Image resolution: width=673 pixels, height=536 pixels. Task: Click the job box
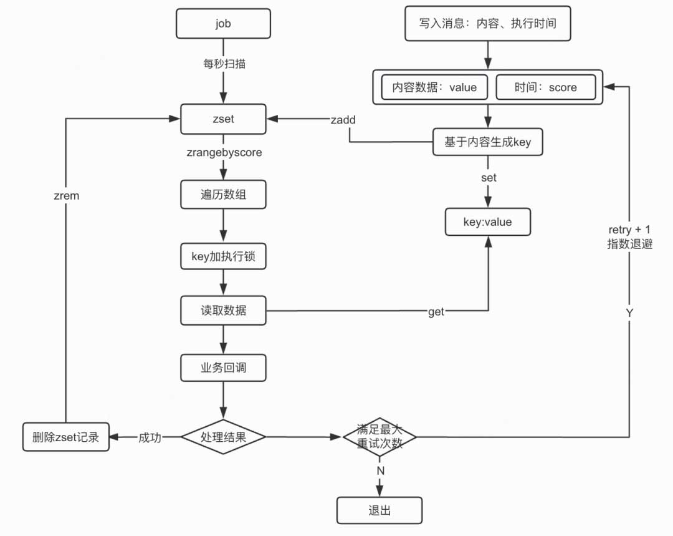pyautogui.click(x=223, y=24)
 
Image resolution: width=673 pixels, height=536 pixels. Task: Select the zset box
pyautogui.click(x=223, y=119)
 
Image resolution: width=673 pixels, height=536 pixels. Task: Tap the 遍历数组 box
pyautogui.click(x=223, y=195)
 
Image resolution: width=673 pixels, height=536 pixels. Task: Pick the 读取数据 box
pyautogui.click(x=223, y=310)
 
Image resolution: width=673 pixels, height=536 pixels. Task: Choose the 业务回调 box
pyautogui.click(x=223, y=368)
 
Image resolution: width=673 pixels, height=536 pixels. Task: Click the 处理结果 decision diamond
pyautogui.click(x=223, y=437)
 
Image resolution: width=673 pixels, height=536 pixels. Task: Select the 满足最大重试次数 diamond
pyautogui.click(x=379, y=437)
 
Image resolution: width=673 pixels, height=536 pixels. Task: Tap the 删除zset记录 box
pyautogui.click(x=65, y=437)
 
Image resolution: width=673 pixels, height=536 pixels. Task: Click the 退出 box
pyautogui.click(x=379, y=510)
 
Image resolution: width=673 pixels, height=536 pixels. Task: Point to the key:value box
pyautogui.click(x=487, y=222)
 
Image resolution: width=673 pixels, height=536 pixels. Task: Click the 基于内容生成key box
pyautogui.click(x=487, y=142)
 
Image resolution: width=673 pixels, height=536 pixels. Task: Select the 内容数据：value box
pyautogui.click(x=434, y=87)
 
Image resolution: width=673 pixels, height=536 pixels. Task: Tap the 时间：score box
pyautogui.click(x=545, y=87)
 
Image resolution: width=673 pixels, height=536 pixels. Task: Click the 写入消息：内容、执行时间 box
pyautogui.click(x=487, y=24)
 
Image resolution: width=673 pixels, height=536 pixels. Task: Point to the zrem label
pyautogui.click(x=66, y=195)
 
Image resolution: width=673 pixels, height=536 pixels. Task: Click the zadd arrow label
pyautogui.click(x=343, y=120)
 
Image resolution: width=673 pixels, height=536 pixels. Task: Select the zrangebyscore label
pyautogui.click(x=224, y=152)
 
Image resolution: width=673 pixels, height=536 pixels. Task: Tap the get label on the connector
pyautogui.click(x=436, y=311)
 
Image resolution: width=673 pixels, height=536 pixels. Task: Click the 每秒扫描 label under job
pyautogui.click(x=224, y=63)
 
